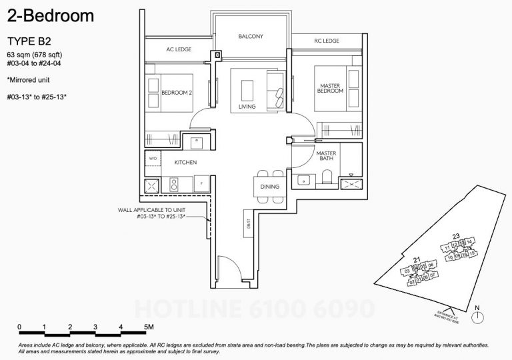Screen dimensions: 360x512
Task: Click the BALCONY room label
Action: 250,37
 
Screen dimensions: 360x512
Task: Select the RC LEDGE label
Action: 327,41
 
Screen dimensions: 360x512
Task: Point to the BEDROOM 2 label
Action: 177,94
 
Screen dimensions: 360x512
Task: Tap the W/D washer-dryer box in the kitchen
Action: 152,159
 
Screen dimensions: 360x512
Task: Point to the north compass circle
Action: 477,318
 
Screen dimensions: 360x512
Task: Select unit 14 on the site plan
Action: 469,241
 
